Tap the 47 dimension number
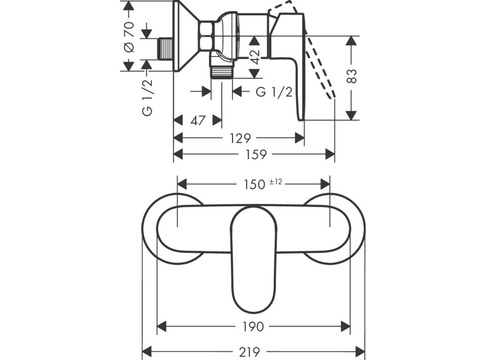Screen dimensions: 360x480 (x=198, y=120)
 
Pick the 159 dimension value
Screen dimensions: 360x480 (x=256, y=154)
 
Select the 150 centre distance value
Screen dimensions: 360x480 (x=255, y=184)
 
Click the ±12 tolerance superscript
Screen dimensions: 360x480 (x=276, y=182)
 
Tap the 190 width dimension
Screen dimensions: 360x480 (x=254, y=326)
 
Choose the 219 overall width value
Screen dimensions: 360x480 (x=254, y=351)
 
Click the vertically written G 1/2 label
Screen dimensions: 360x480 (x=147, y=97)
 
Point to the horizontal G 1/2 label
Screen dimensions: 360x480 (x=274, y=91)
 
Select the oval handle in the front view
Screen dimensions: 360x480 (x=254, y=258)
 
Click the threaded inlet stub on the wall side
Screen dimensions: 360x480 (x=165, y=49)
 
